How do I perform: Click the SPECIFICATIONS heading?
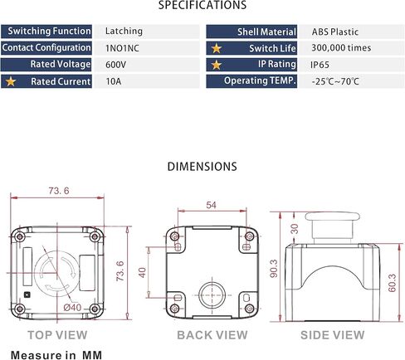pyautogui.click(x=202, y=5)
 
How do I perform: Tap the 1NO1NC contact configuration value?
pyautogui.click(x=122, y=48)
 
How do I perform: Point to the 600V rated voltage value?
pyautogui.click(x=115, y=65)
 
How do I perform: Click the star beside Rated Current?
pyautogui.click(x=11, y=81)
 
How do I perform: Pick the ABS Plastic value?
pyautogui.click(x=335, y=32)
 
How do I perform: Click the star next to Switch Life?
pyautogui.click(x=217, y=48)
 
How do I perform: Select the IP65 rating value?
pyautogui.click(x=320, y=65)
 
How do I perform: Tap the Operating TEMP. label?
pyautogui.click(x=260, y=80)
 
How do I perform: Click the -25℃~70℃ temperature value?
pyautogui.click(x=335, y=81)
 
